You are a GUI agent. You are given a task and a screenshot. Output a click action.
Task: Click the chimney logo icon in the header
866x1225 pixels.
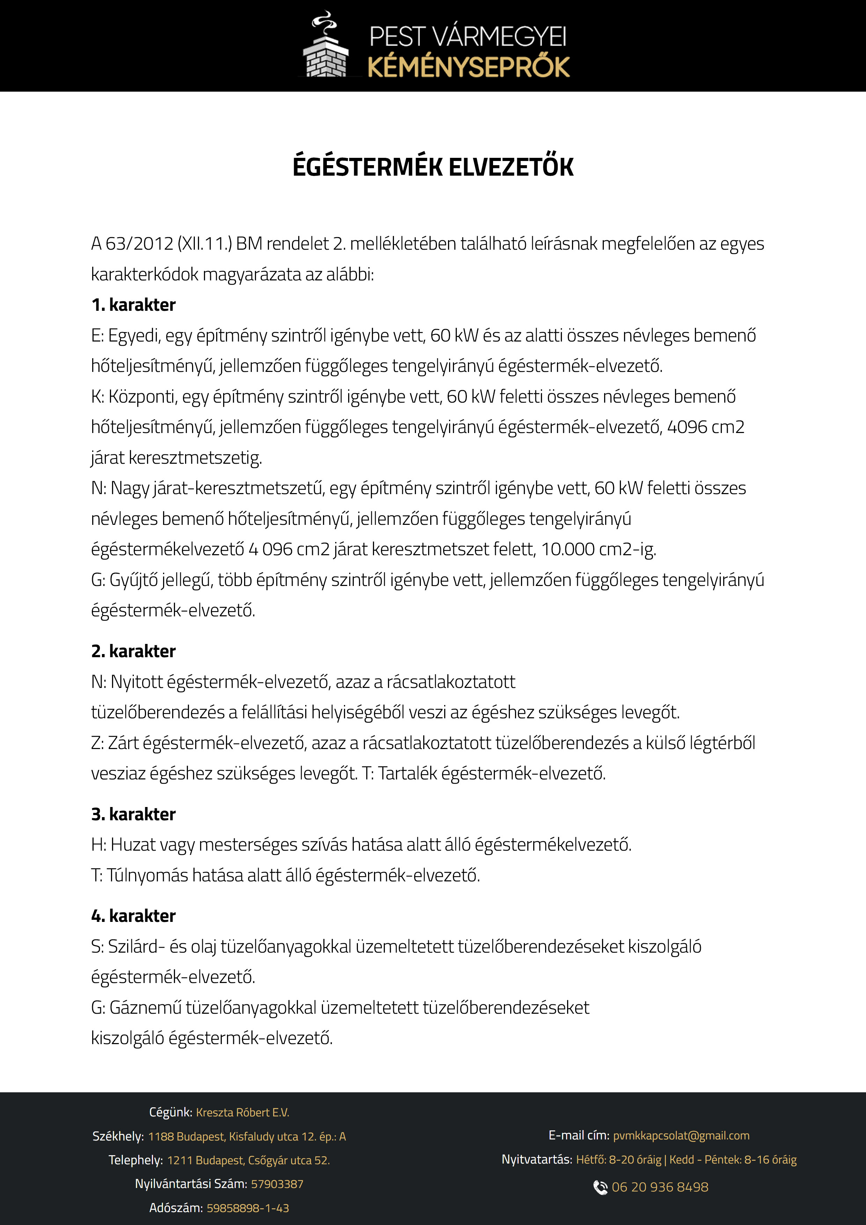[x=325, y=46]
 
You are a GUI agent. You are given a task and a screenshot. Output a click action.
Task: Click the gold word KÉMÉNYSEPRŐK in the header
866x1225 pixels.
[x=469, y=68]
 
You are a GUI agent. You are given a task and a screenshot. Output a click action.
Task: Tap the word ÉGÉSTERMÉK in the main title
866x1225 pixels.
[x=367, y=167]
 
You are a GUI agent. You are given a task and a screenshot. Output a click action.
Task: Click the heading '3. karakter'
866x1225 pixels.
[x=133, y=814]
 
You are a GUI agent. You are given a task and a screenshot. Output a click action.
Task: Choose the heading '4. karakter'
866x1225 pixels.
[x=133, y=916]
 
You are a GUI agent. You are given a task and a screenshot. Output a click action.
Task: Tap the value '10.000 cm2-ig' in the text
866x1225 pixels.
[x=598, y=549]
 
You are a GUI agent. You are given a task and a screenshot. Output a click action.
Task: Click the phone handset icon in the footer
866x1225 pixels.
[x=600, y=1187]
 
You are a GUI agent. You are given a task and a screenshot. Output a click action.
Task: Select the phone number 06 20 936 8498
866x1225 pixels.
[x=660, y=1187]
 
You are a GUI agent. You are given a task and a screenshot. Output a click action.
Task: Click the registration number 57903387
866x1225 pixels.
[x=277, y=1184]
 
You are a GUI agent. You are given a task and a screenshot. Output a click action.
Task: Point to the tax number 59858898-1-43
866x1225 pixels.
[x=248, y=1208]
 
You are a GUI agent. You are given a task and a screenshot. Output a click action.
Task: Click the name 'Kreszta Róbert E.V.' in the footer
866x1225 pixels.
[x=242, y=1113]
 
